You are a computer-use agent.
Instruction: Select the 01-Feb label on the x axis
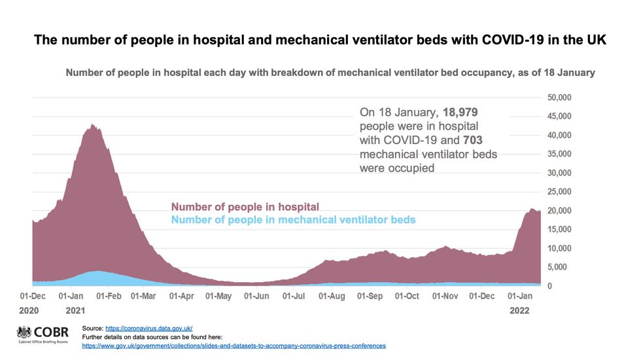pyautogui.click(x=109, y=297)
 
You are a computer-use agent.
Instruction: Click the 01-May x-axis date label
pyautogui.click(x=218, y=297)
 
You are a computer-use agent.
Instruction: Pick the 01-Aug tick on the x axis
pyautogui.click(x=332, y=297)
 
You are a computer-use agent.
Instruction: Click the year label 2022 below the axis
pyautogui.click(x=521, y=312)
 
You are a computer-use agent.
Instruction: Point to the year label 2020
pyautogui.click(x=31, y=312)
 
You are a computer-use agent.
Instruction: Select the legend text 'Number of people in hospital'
pyautogui.click(x=245, y=207)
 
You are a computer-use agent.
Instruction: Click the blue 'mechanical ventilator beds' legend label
pyautogui.click(x=293, y=220)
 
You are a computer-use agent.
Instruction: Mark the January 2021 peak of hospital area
pyautogui.click(x=92, y=124)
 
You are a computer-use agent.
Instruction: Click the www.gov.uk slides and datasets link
pyautogui.click(x=234, y=345)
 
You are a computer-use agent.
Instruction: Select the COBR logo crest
pyautogui.click(x=24, y=332)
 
